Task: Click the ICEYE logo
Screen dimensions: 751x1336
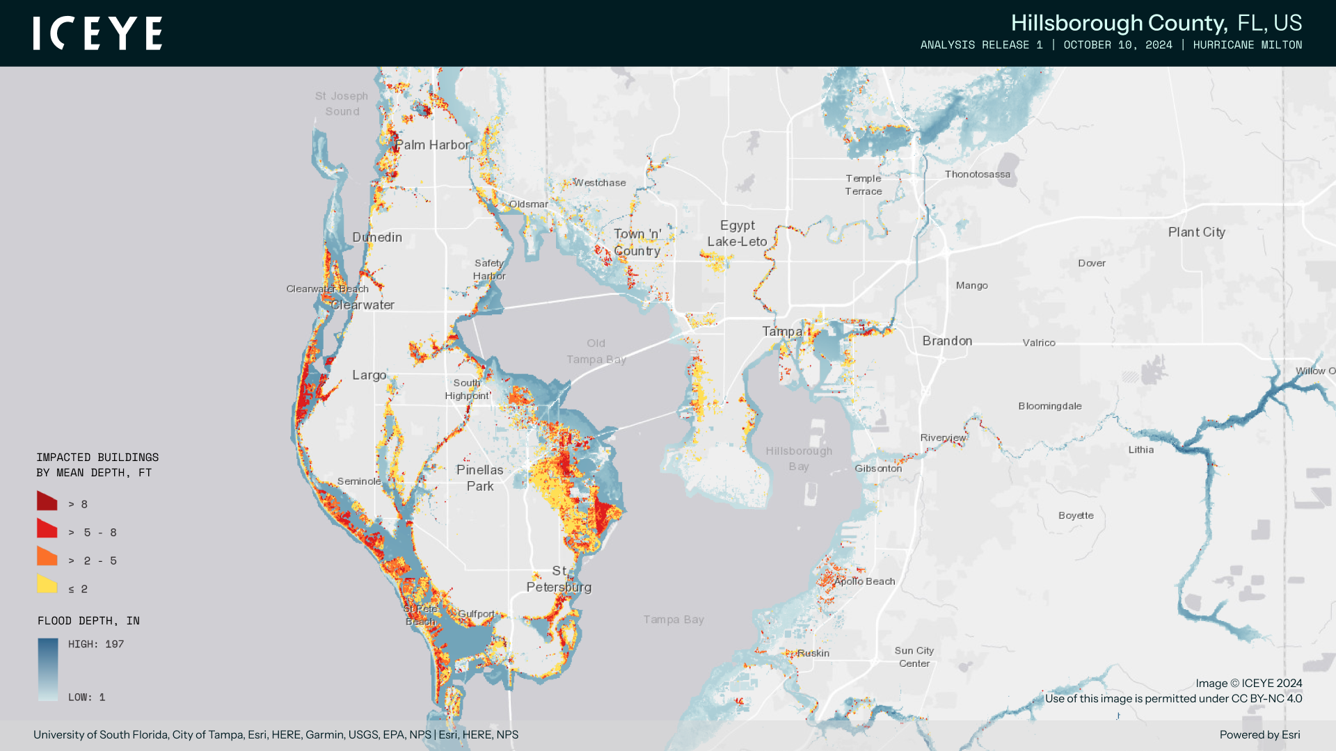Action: [x=97, y=33]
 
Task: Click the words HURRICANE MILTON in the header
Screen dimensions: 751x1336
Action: [x=1247, y=45]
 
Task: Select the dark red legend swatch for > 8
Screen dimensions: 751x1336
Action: [x=47, y=501]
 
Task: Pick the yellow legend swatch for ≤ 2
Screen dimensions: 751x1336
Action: [x=47, y=585]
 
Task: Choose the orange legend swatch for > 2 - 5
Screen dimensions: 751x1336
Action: [x=47, y=556]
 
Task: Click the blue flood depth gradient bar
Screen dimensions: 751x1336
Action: [x=48, y=669]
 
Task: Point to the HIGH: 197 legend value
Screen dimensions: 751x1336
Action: [x=96, y=645]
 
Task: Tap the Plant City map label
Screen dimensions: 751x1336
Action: [x=1196, y=232]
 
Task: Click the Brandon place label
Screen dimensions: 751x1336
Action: [x=947, y=341]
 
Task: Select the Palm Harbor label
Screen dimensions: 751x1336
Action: [x=433, y=145]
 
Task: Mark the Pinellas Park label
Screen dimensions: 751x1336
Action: [x=479, y=478]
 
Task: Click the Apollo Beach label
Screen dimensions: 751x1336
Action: [x=865, y=581]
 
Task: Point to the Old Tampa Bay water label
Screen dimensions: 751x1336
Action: [x=596, y=351]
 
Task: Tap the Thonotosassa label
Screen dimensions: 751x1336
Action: [x=977, y=175]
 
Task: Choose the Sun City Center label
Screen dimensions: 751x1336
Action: [x=914, y=657]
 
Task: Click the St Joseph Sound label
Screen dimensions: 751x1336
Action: [x=342, y=104]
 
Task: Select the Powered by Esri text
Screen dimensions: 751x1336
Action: [x=1259, y=735]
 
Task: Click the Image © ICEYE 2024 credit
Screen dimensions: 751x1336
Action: [x=1248, y=684]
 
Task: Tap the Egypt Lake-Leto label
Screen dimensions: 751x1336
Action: [x=737, y=234]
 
